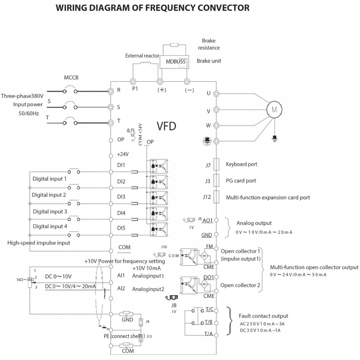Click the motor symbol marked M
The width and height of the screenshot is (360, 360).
tap(274, 109)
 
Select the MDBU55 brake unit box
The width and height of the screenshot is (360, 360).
tap(175, 62)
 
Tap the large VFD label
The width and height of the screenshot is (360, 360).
tap(166, 126)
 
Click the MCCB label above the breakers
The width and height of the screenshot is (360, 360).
tap(71, 78)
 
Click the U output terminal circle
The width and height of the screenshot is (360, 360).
tap(216, 93)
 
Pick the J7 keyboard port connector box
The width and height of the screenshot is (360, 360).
tap(216, 164)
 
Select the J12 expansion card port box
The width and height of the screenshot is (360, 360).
tap(216, 197)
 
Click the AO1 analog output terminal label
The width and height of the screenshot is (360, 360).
tap(208, 220)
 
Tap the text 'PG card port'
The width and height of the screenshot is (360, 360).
tap(241, 181)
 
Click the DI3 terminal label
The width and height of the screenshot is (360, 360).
tap(121, 197)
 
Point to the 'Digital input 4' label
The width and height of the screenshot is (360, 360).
tap(50, 227)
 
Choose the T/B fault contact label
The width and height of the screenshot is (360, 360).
tap(209, 322)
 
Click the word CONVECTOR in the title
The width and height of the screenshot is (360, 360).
tap(214, 8)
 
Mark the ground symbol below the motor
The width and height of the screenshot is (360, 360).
tap(274, 138)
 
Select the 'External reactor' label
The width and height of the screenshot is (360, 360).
tap(142, 56)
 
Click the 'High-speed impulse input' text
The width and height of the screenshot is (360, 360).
tap(39, 243)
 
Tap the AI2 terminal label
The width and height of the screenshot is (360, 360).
tap(121, 288)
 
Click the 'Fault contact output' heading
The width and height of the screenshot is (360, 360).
tap(263, 316)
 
